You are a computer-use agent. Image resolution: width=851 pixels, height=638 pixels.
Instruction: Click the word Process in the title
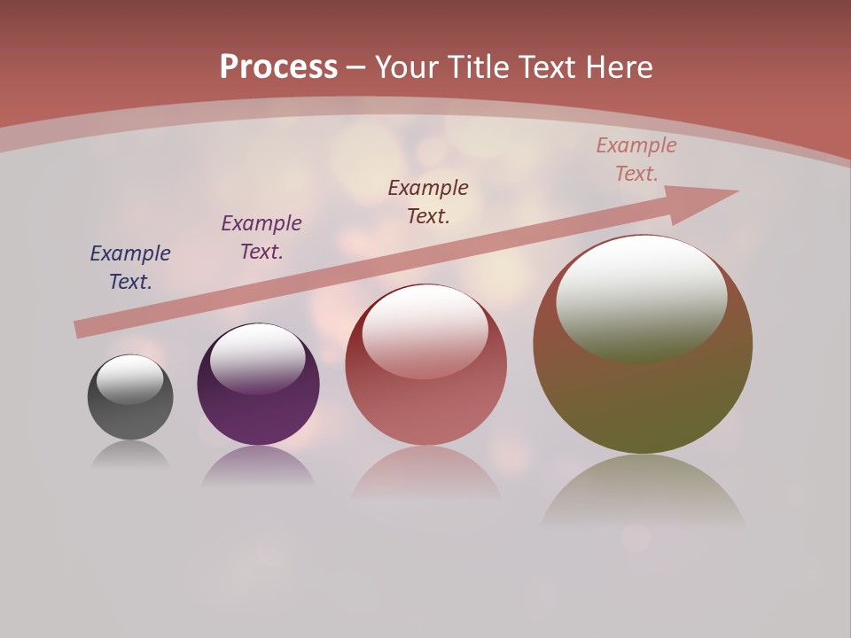coord(278,67)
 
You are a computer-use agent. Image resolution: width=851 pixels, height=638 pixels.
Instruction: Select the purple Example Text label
coord(262,237)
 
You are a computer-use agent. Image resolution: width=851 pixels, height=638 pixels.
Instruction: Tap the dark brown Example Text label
coord(428,202)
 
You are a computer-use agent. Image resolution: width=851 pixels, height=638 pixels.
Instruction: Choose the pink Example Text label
coord(636,159)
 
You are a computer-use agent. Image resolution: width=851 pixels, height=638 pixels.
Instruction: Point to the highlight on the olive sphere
coord(642,298)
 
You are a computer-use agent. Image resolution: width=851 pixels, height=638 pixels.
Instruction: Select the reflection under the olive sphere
coord(643,492)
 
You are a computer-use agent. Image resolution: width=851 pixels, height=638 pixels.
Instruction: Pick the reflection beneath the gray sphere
coord(130,454)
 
